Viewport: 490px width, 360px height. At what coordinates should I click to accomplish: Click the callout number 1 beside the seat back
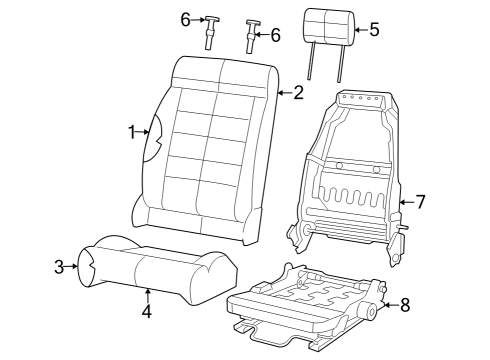point(131,131)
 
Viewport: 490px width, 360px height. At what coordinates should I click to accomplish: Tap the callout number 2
point(298,93)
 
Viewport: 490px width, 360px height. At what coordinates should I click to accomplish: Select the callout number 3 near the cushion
point(59,266)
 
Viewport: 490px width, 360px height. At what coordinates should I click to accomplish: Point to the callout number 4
point(146,311)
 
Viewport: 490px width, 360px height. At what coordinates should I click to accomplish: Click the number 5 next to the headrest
point(374,29)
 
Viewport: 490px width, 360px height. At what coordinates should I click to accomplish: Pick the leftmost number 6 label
point(185,19)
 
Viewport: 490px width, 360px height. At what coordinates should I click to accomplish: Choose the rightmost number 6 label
point(275,35)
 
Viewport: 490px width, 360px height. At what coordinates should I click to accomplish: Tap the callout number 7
point(420,202)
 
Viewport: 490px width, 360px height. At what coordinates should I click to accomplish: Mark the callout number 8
point(406,305)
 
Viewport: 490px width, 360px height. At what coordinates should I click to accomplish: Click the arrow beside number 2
point(283,93)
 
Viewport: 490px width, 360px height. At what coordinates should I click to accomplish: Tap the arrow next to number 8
point(390,303)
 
